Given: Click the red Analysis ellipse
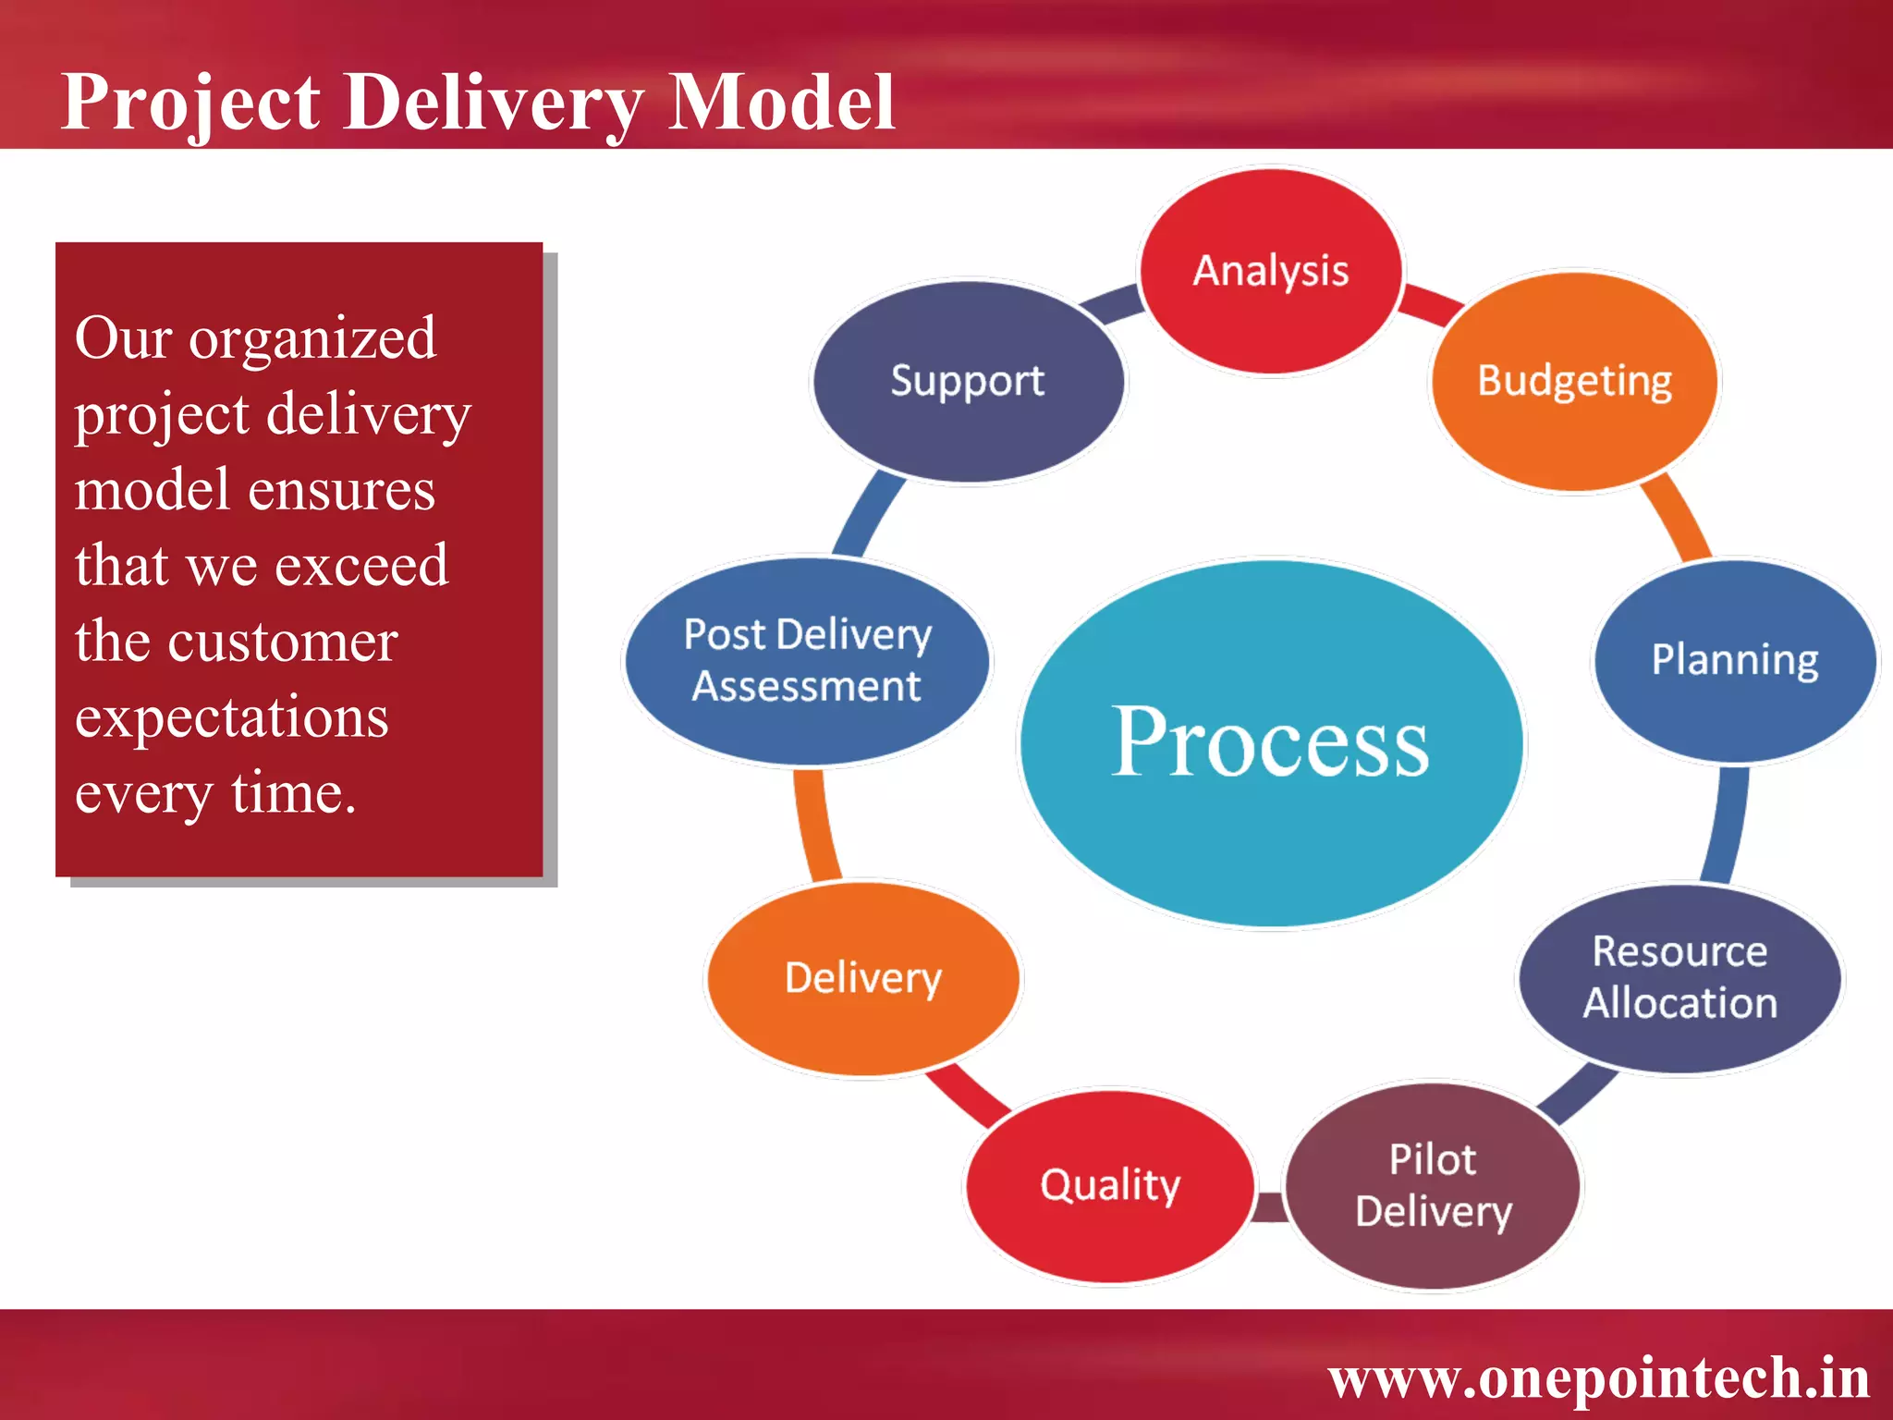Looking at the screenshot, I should pyautogui.click(x=1271, y=271).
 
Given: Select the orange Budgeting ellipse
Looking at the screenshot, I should pyautogui.click(x=1574, y=381).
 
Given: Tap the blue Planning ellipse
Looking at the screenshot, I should pyautogui.click(x=1735, y=660).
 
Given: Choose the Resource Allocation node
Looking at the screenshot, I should pyautogui.click(x=1679, y=978).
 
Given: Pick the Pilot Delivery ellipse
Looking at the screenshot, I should pyautogui.click(x=1433, y=1185).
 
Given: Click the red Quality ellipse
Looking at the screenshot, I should pyautogui.click(x=1109, y=1185).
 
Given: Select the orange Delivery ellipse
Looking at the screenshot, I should pyautogui.click(x=862, y=978).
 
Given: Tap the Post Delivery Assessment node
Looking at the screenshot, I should pyautogui.click(x=807, y=660).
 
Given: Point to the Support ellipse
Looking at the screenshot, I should pyautogui.click(x=967, y=381).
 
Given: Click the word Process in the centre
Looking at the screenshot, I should pyautogui.click(x=1270, y=742).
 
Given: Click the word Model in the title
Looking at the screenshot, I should pyautogui.click(x=781, y=102).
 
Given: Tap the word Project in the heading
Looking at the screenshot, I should pyautogui.click(x=190, y=102).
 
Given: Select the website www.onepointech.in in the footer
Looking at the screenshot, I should pyautogui.click(x=1598, y=1378).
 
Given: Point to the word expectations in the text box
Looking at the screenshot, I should pyautogui.click(x=231, y=717).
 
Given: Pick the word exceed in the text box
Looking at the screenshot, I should pyautogui.click(x=360, y=565).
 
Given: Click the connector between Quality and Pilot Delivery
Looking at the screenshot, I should pyautogui.click(x=1271, y=1206).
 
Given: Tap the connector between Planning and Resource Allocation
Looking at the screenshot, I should pyautogui.click(x=1727, y=823).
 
